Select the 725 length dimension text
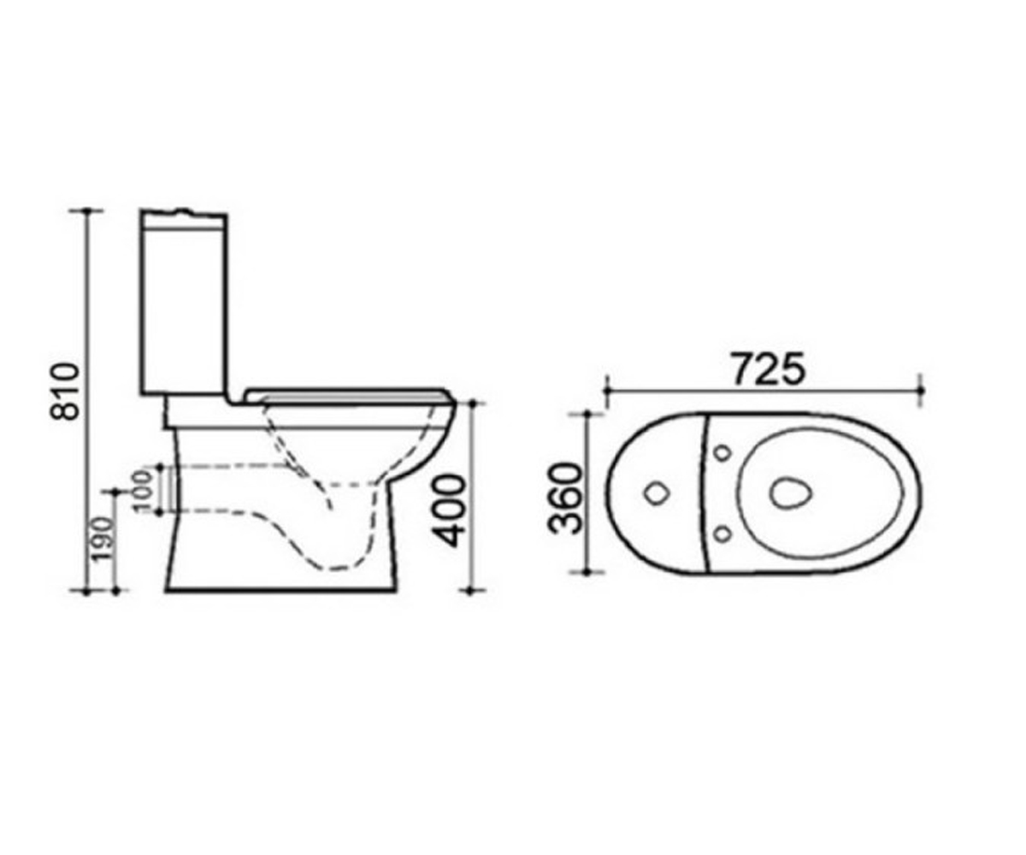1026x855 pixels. point(769,368)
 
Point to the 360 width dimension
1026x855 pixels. point(567,498)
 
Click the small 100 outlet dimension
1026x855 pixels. point(143,491)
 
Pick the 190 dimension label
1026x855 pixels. point(103,539)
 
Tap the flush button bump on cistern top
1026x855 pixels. point(183,210)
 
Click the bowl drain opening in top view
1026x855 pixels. point(790,492)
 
